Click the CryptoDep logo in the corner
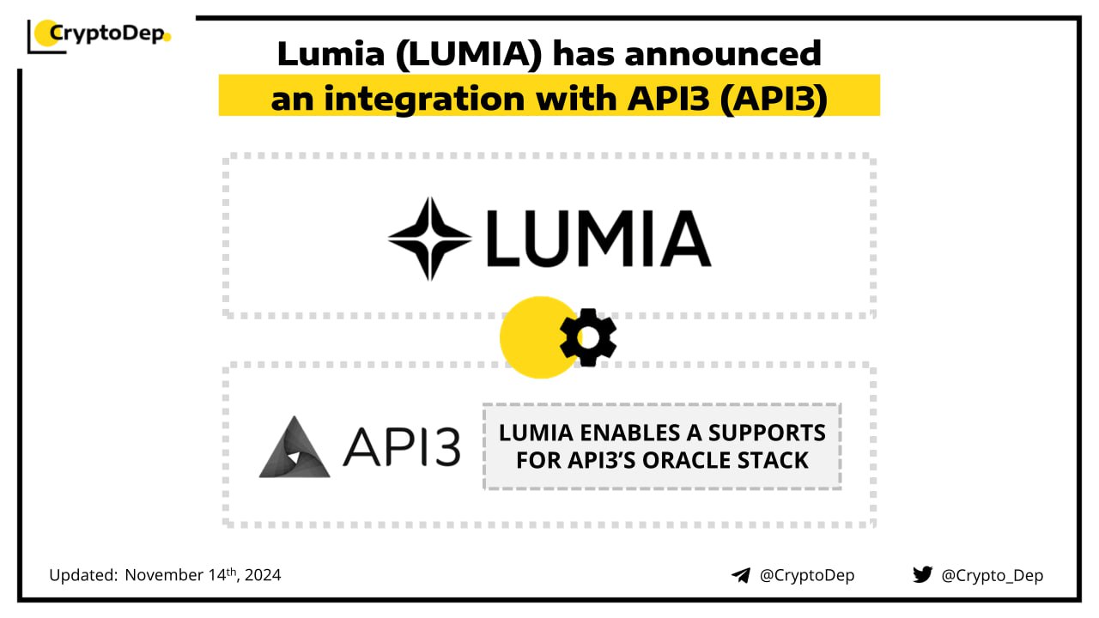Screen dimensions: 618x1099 pyautogui.click(x=100, y=34)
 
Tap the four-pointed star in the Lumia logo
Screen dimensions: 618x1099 pyautogui.click(x=429, y=239)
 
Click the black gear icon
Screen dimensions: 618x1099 pyautogui.click(x=588, y=336)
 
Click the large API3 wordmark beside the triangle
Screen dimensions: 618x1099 pyautogui.click(x=401, y=446)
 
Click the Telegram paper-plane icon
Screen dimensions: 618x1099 pyautogui.click(x=741, y=575)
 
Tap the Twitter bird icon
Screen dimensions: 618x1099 pyautogui.click(x=922, y=574)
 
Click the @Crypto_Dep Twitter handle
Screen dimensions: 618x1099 pyautogui.click(x=992, y=575)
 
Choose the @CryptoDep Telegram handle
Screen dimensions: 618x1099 pyautogui.click(x=807, y=575)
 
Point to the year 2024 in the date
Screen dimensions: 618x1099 pyautogui.click(x=262, y=575)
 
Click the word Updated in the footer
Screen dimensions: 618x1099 pyautogui.click(x=82, y=575)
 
